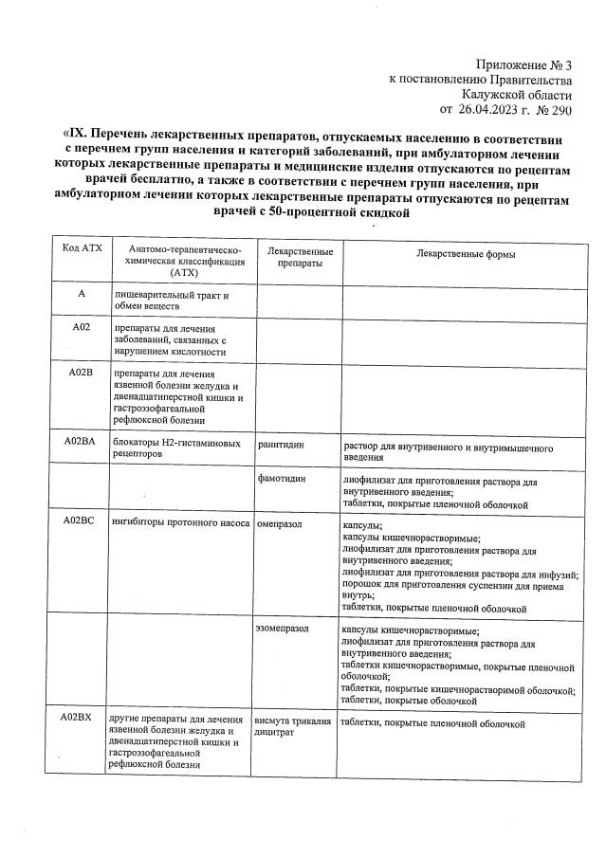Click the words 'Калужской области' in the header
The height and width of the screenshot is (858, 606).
pyautogui.click(x=517, y=95)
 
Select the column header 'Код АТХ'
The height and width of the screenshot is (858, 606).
pyautogui.click(x=82, y=248)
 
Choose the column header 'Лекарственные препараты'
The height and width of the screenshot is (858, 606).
pyautogui.click(x=300, y=257)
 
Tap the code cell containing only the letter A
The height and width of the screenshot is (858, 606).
pyautogui.click(x=82, y=295)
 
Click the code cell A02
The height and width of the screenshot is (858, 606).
pyautogui.click(x=82, y=327)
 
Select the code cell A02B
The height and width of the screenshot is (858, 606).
pyautogui.click(x=82, y=373)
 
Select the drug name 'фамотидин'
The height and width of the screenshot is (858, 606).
pyautogui.click(x=282, y=479)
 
